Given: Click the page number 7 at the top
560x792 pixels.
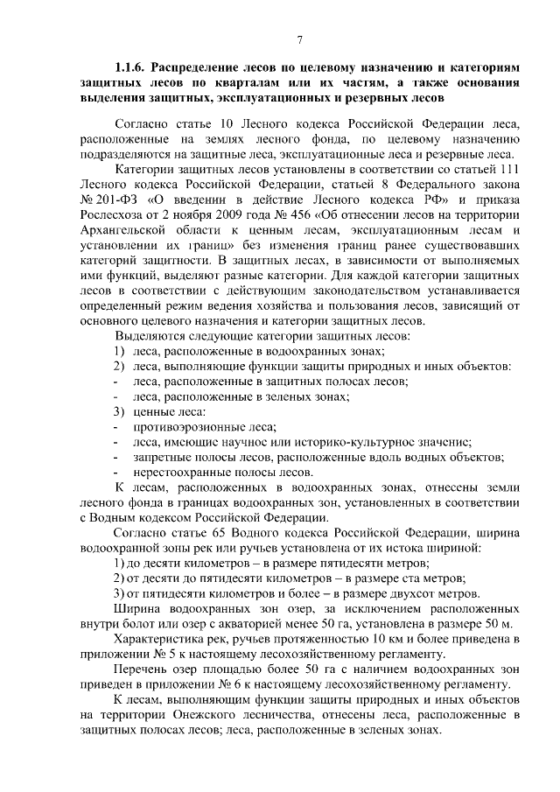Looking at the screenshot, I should coord(299,39).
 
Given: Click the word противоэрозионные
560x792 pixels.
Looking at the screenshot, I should coord(188,426).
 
